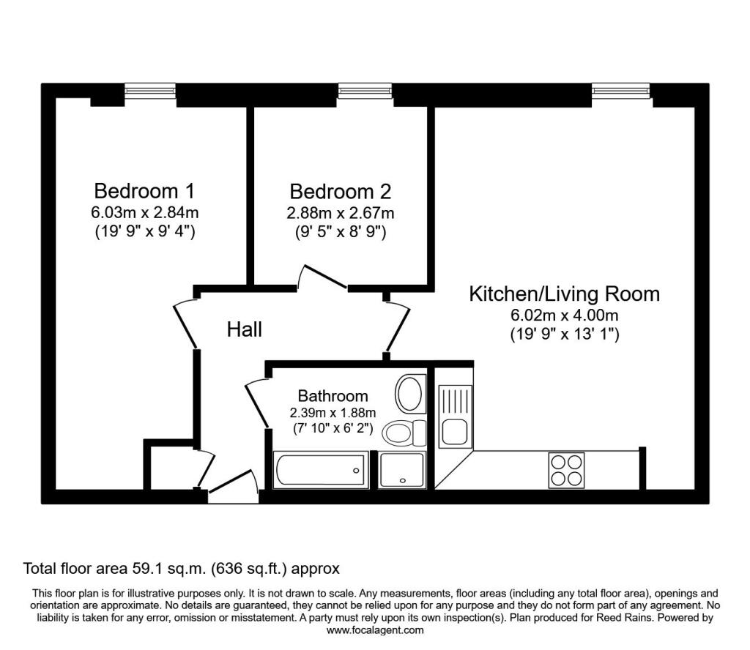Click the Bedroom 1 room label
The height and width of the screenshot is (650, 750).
[144, 191]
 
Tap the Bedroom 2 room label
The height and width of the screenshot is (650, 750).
[340, 191]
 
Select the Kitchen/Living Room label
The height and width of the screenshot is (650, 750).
[565, 294]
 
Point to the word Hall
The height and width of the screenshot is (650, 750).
[245, 329]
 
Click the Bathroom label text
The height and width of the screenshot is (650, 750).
[333, 396]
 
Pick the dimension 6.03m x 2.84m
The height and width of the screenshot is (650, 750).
[144, 212]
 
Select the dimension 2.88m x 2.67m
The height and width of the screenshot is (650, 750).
[340, 212]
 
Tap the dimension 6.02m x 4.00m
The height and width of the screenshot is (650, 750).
[565, 315]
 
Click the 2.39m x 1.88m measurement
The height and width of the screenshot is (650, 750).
[333, 412]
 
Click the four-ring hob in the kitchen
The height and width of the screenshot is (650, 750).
[567, 470]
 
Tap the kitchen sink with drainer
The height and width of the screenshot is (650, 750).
[455, 416]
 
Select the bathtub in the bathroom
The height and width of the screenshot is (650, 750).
[321, 470]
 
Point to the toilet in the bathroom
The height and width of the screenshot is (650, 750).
[404, 433]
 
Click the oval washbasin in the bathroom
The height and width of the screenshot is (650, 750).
[410, 394]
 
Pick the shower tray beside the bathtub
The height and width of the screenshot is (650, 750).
[402, 470]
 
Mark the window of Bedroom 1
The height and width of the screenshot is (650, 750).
[150, 91]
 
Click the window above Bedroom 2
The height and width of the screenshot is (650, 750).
[365, 91]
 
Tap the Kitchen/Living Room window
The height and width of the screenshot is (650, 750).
[621, 91]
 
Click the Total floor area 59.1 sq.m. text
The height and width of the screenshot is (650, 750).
[182, 568]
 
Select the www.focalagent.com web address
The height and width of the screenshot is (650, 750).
[375, 630]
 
